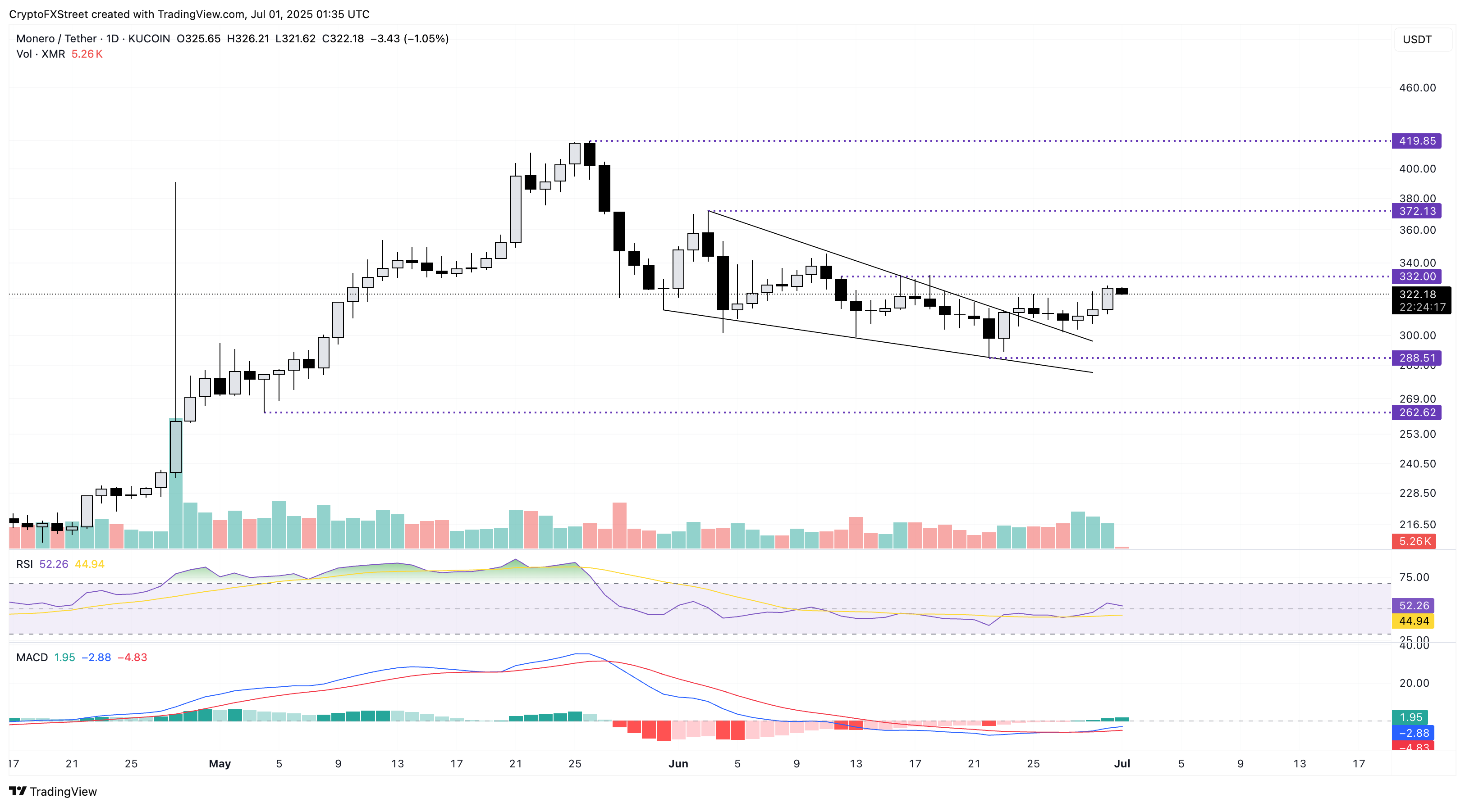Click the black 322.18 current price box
click(x=1420, y=300)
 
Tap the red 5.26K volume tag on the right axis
click(x=1413, y=541)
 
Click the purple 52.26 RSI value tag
click(x=1413, y=606)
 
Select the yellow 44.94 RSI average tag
click(x=1413, y=621)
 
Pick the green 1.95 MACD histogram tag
click(x=1410, y=717)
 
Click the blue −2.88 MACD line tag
click(x=1413, y=733)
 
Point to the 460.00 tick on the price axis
click(x=1417, y=87)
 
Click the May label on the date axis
click(x=220, y=764)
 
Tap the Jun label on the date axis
click(x=678, y=764)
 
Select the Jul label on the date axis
click(x=1122, y=764)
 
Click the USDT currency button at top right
click(x=1417, y=39)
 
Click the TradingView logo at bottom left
click(x=53, y=791)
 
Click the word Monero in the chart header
click(x=35, y=39)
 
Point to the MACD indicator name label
click(x=32, y=657)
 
